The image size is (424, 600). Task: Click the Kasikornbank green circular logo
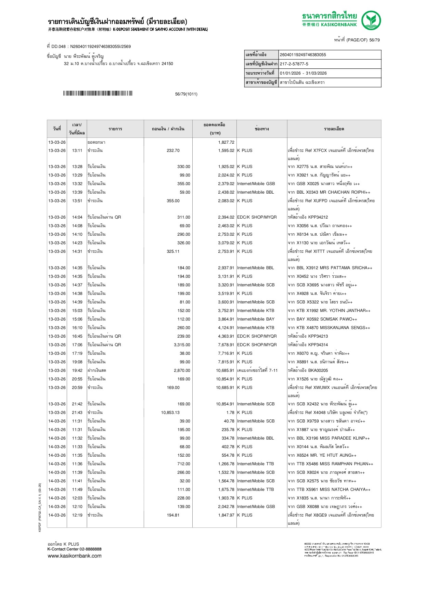click(371, 20)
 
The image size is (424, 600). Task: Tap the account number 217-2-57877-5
click(294, 64)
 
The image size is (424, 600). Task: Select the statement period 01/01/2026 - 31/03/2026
click(303, 73)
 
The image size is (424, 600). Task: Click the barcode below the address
click(98, 93)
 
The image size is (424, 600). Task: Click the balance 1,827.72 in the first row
click(226, 142)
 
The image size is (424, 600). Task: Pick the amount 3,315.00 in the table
click(182, 345)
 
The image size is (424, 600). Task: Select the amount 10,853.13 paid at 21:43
click(170, 413)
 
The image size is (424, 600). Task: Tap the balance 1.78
click(230, 413)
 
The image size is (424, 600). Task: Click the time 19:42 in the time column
click(77, 370)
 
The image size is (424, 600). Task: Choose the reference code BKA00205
click(318, 370)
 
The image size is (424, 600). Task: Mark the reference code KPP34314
click(318, 345)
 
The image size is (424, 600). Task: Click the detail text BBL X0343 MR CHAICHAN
click(329, 192)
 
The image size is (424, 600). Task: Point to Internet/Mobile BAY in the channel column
click(256, 319)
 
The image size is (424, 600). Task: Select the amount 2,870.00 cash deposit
click(182, 370)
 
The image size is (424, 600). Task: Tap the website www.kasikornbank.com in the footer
click(75, 556)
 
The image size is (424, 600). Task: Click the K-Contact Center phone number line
click(75, 549)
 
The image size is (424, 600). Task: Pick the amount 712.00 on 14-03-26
click(184, 464)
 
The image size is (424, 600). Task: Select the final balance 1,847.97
click(226, 515)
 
